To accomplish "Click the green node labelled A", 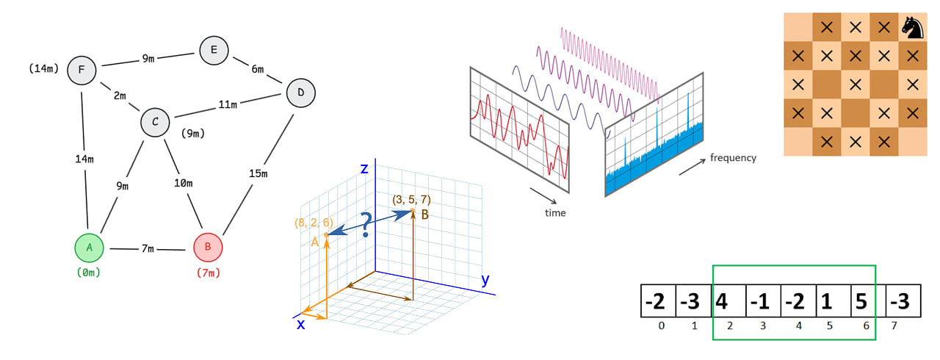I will pos(90,248).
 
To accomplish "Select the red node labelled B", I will pos(208,248).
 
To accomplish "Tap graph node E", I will pos(214,50).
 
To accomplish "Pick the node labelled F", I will pos(82,71).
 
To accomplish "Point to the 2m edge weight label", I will pos(119,96).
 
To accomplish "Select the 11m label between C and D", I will pos(228,104).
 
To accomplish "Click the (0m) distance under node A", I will pos(89,273).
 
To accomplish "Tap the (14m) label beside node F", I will pos(43,68).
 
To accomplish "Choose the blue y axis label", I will pos(485,280).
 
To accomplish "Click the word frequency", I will pos(732,157).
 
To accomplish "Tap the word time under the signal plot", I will pos(555,213).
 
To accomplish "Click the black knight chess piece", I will pos(912,28).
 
